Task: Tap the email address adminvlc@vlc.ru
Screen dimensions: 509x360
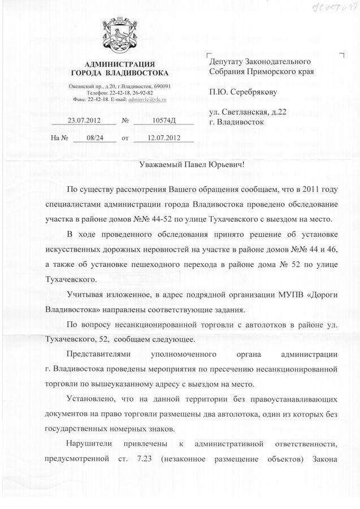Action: [x=146, y=98]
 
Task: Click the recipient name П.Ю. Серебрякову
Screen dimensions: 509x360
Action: [x=245, y=91]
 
